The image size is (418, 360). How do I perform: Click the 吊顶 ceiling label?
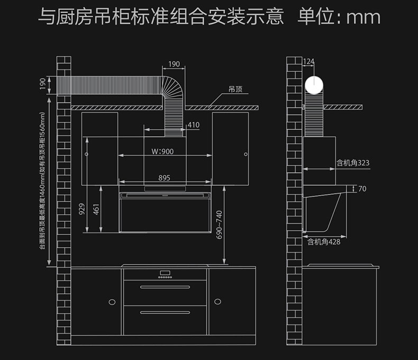click(235, 90)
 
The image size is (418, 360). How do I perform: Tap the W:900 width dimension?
click(162, 151)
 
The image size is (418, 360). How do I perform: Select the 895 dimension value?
click(164, 178)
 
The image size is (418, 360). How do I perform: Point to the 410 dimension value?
click(193, 125)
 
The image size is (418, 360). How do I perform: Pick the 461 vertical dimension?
click(96, 210)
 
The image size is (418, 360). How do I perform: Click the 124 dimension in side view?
click(308, 62)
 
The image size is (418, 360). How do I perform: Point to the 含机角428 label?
click(324, 242)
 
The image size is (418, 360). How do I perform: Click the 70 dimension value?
click(362, 189)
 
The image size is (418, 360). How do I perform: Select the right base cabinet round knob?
click(217, 301)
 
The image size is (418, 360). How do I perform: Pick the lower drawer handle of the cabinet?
click(165, 312)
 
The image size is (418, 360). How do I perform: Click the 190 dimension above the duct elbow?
click(174, 64)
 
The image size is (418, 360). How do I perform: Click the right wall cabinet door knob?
click(245, 154)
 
